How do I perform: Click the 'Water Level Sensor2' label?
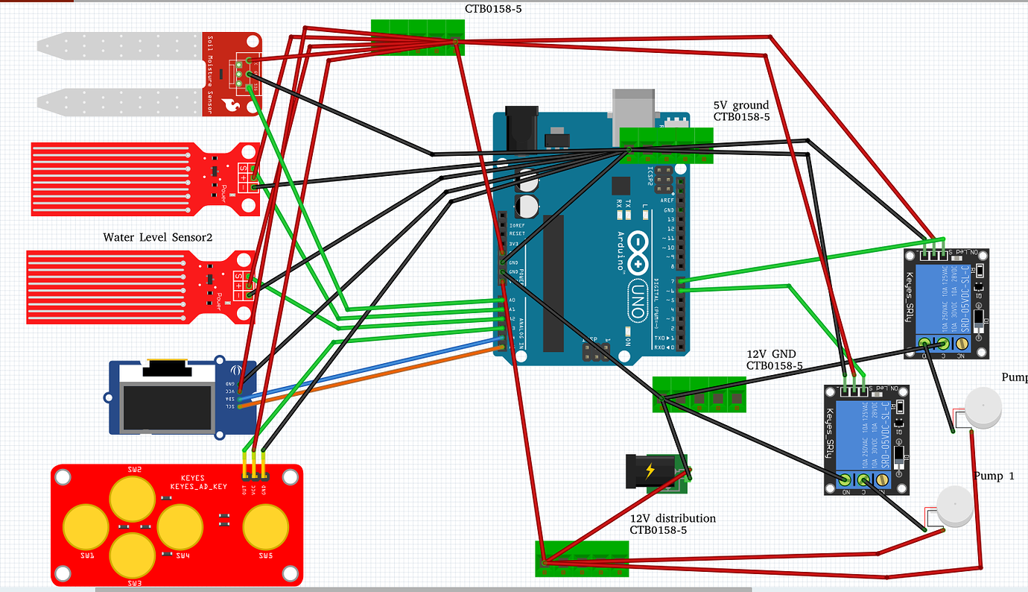158,238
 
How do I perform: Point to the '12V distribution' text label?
673,518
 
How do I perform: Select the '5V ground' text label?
741,105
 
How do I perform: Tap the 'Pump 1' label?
994,476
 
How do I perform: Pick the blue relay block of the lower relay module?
860,434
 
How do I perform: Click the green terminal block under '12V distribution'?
582,558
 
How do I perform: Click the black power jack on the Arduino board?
521,130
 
